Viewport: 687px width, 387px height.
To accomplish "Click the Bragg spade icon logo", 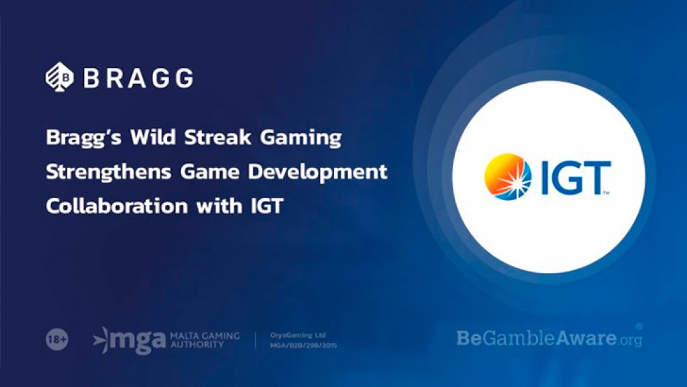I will click(x=59, y=77).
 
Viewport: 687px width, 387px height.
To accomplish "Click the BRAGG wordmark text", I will click(x=138, y=78).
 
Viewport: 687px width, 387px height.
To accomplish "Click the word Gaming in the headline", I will click(x=305, y=139).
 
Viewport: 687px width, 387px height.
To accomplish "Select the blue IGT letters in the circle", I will click(x=574, y=177).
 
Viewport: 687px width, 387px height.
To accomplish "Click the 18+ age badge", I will click(x=56, y=340).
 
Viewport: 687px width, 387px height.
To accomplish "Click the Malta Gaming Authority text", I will click(x=205, y=340).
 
